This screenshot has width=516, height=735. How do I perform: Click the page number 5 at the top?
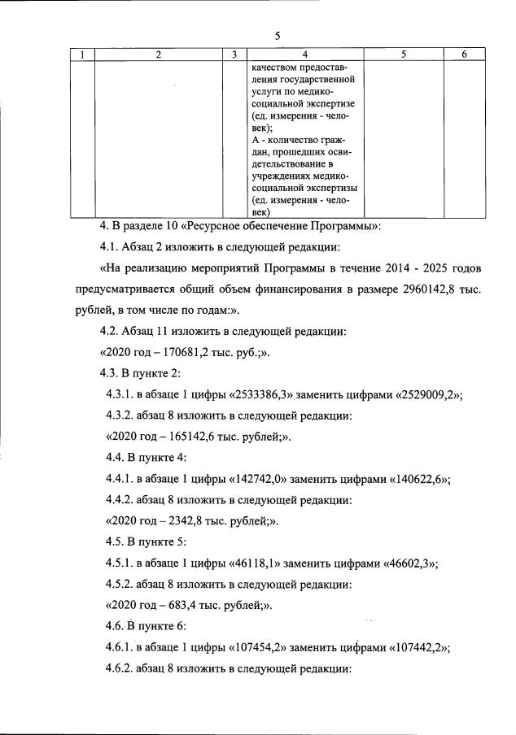pyautogui.click(x=278, y=35)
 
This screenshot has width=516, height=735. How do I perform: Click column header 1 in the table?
pyautogui.click(x=81, y=54)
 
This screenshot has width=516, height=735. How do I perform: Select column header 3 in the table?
pyautogui.click(x=234, y=54)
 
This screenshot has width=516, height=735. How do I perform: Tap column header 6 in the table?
pyautogui.click(x=463, y=54)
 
